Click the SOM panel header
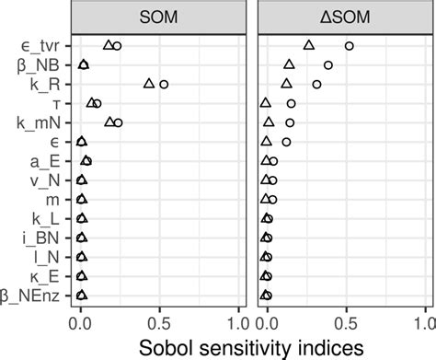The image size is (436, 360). pyautogui.click(x=158, y=17)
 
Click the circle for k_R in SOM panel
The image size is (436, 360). pyautogui.click(x=164, y=84)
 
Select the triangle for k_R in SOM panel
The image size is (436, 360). pyautogui.click(x=149, y=84)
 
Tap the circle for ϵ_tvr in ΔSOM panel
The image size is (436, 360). pyautogui.click(x=349, y=45)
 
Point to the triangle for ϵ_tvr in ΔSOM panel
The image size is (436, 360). pyautogui.click(x=308, y=45)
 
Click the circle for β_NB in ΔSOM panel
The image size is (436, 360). pyautogui.click(x=328, y=65)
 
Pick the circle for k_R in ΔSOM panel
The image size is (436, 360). pyautogui.click(x=316, y=84)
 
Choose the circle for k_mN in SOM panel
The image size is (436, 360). pyautogui.click(x=118, y=122)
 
